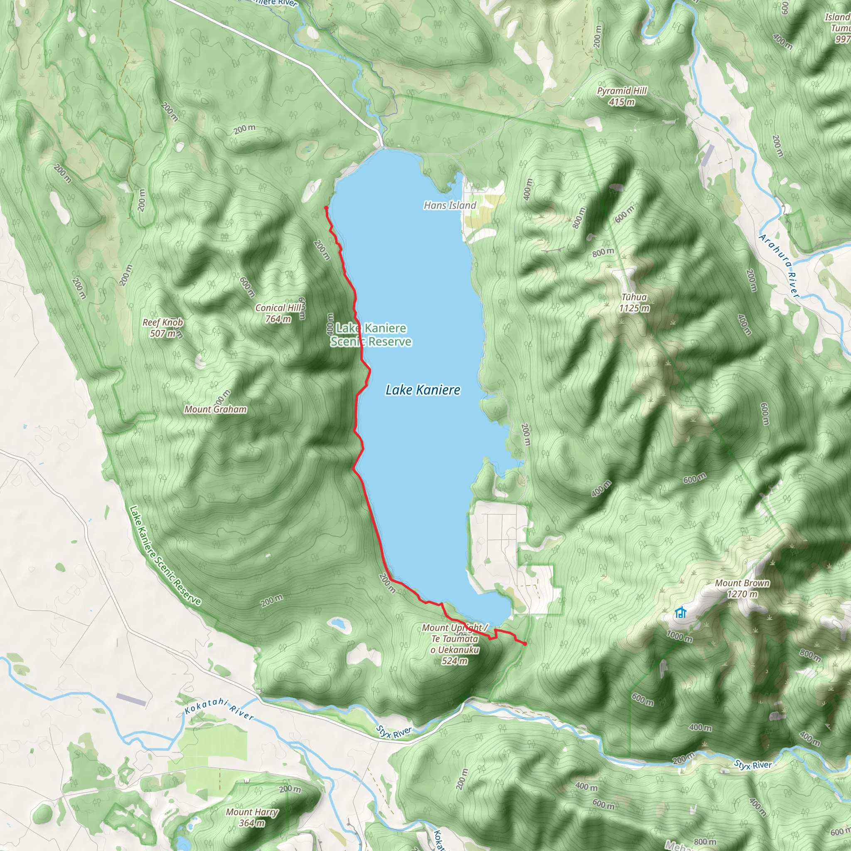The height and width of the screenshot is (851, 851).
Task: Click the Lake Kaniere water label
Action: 423,390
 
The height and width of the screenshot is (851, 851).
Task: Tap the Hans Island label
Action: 450,205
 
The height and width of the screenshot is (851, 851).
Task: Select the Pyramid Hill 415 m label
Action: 622,96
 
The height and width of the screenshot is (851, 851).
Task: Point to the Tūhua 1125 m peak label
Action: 634,303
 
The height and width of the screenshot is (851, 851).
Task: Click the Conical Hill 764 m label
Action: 278,313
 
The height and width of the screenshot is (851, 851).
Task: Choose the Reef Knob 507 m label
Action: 162,328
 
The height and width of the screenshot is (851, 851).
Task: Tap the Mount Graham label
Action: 215,409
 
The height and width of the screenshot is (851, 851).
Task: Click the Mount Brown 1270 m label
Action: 742,588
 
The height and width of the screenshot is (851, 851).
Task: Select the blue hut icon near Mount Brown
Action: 681,612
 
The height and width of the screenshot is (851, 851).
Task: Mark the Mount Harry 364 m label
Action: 252,817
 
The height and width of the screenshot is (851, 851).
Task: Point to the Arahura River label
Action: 779,266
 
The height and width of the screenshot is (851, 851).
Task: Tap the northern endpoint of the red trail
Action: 325,207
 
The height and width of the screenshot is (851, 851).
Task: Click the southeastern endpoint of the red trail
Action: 525,644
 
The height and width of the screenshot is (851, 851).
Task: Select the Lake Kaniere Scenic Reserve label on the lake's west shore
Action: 371,335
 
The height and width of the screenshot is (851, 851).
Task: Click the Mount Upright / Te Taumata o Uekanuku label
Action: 455,644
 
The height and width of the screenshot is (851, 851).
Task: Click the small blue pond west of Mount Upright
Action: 338,623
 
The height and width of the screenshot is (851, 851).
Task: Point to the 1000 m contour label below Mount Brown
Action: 679,636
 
